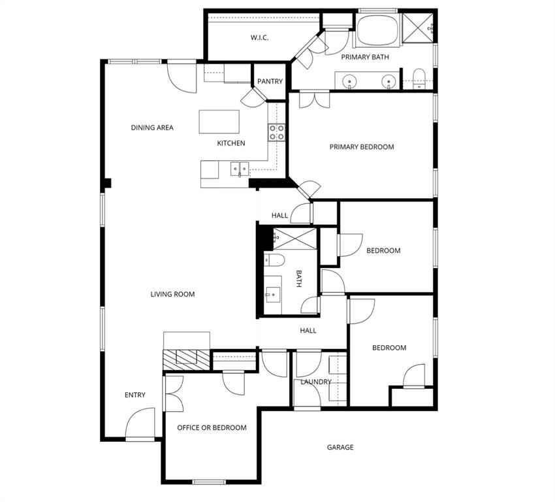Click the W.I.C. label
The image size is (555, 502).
tap(259, 38)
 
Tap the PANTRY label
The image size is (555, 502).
tap(270, 82)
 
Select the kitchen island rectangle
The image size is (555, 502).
tap(219, 121)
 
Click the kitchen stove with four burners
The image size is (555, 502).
tap(277, 133)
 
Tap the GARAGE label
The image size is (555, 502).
tap(340, 448)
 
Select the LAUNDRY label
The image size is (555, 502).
tap(317, 382)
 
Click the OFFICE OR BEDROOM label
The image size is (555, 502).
tap(212, 428)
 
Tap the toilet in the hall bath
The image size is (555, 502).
tap(275, 261)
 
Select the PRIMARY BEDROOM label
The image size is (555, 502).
tap(361, 147)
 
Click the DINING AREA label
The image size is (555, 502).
tap(152, 128)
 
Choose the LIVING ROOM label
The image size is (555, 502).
tap(172, 295)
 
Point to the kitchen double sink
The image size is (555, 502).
tap(238, 169)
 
